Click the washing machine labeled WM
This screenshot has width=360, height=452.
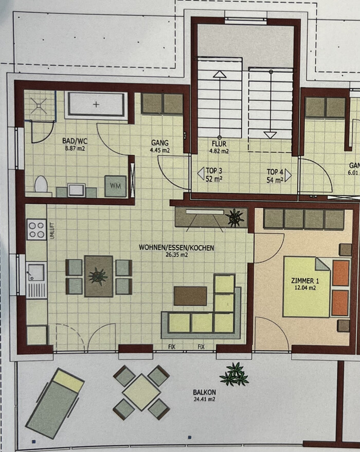(x=116, y=186)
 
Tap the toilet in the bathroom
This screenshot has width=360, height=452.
(x=41, y=184)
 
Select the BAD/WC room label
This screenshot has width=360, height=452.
(x=75, y=144)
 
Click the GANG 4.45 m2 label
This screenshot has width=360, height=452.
(x=160, y=146)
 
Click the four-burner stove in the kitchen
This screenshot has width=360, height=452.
(x=37, y=230)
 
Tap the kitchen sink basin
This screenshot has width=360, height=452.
(x=36, y=272)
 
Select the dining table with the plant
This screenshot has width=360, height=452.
(x=99, y=276)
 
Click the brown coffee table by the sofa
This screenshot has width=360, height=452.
(x=190, y=296)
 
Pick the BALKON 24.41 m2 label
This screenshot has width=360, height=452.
(x=204, y=395)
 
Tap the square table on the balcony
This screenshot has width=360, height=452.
(x=141, y=392)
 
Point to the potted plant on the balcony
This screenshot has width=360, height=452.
(x=235, y=374)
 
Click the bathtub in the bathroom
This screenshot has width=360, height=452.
(x=96, y=105)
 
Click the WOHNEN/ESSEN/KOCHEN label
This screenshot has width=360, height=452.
(x=176, y=251)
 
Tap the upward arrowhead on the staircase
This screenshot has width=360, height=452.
(x=220, y=74)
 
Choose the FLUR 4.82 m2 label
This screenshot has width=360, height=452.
(x=219, y=147)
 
